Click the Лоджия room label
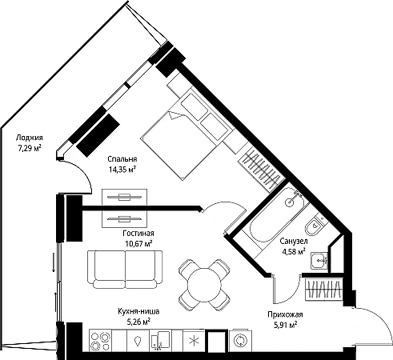point(30,138)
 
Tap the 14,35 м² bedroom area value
point(122,170)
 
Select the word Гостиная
point(138,234)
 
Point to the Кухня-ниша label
point(138,311)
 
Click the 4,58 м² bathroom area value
point(294,251)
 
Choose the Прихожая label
point(285,314)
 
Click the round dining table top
point(205,284)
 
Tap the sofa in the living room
point(125,270)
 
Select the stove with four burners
point(101,339)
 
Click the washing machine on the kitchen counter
point(240,340)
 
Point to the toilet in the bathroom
point(315,226)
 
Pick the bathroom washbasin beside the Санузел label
point(319,261)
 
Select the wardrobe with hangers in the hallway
point(323,290)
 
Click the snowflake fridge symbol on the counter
point(194,340)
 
